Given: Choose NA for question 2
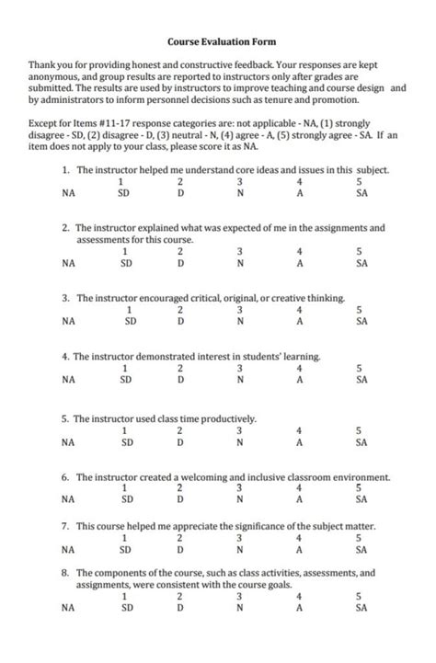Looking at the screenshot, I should [x=68, y=262].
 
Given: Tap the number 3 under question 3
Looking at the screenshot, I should [x=239, y=311].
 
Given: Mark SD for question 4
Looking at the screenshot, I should [x=126, y=379].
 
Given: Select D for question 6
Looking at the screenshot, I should [x=180, y=500].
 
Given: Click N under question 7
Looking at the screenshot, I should [x=239, y=549].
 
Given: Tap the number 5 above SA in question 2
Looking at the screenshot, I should [x=359, y=251].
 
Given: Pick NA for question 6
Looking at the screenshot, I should [x=68, y=500].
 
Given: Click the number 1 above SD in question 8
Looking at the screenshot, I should [x=123, y=596].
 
